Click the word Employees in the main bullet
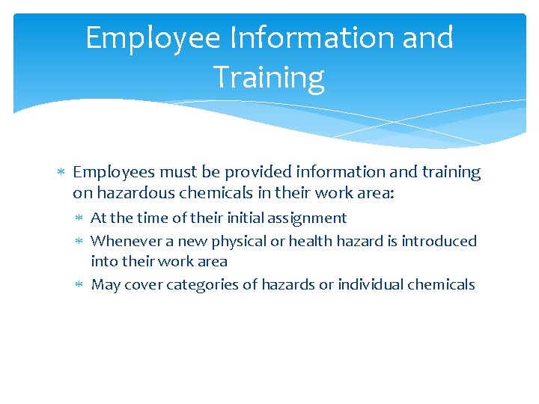click(x=110, y=173)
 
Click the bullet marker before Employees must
click(x=63, y=173)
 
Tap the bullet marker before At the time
click(x=81, y=218)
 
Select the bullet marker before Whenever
click(x=81, y=241)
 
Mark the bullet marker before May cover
click(x=81, y=285)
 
